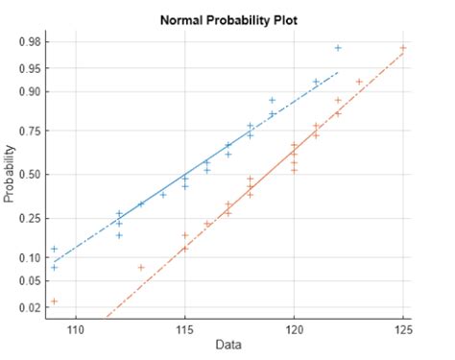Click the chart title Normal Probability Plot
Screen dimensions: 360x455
(x=228, y=18)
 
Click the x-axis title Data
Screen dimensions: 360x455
(x=228, y=344)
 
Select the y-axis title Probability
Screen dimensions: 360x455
(x=11, y=174)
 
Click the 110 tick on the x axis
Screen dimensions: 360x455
(x=76, y=329)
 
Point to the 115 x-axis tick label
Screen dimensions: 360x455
(x=185, y=329)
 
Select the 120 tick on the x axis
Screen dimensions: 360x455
(x=294, y=329)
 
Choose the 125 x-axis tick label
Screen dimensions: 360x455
(x=402, y=329)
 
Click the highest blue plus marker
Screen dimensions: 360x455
(x=338, y=48)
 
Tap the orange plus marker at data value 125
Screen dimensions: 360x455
(x=403, y=48)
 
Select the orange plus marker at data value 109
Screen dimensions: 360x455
(x=55, y=301)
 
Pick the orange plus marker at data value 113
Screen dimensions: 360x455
(x=141, y=267)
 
